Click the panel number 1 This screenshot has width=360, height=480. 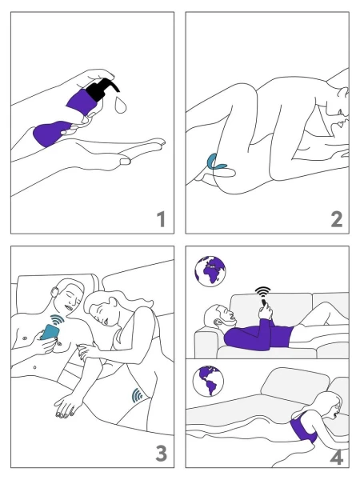(162, 219)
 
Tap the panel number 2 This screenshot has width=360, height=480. (337, 219)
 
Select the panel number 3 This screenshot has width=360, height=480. (162, 453)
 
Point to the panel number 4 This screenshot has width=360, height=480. (337, 458)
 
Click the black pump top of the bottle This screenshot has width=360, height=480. (102, 89)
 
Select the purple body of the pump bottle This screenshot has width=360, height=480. (82, 102)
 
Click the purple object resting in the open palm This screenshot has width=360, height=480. (50, 133)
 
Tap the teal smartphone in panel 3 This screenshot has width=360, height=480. (50, 332)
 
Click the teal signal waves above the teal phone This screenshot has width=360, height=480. (58, 320)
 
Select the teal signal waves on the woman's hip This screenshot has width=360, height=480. (137, 395)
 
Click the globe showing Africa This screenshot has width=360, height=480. (210, 271)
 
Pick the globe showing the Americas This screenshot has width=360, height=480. (208, 381)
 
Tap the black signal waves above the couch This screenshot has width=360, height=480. (263, 292)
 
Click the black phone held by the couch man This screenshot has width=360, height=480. (263, 302)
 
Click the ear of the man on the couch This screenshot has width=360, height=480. (218, 322)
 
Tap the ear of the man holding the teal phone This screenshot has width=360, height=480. (55, 292)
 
